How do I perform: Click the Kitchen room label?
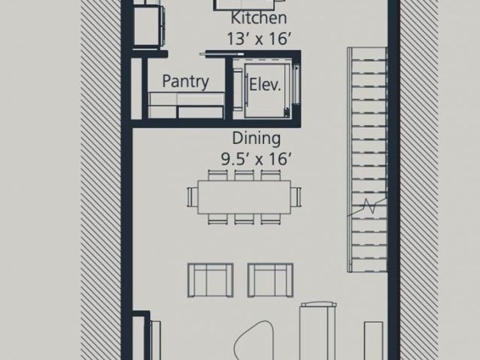click(259, 18)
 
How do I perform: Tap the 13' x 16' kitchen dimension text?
click(259, 39)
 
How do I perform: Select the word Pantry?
click(185, 82)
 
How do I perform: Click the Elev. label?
click(265, 85)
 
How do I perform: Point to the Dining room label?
click(256, 138)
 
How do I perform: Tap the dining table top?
click(244, 197)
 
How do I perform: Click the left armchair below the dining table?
click(210, 279)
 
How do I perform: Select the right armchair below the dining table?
click(270, 279)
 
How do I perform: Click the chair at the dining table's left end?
click(193, 196)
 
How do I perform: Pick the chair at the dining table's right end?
click(295, 196)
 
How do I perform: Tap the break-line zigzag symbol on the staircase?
click(368, 205)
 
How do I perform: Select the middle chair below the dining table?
click(244, 218)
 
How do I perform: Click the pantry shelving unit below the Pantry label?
click(186, 105)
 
